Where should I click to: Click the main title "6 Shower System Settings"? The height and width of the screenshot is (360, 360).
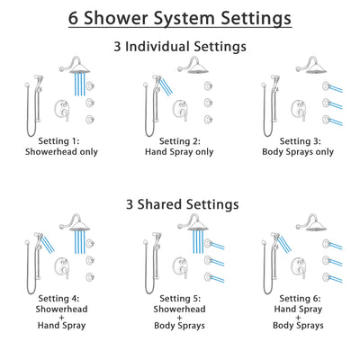click(180, 17)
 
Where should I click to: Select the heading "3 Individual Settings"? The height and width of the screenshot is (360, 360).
click(180, 45)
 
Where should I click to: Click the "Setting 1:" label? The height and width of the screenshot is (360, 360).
click(61, 141)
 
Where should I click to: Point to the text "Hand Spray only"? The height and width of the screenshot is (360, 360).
click(180, 153)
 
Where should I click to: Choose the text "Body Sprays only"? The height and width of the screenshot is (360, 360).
click(298, 153)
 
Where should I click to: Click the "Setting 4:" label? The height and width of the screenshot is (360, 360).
click(61, 297)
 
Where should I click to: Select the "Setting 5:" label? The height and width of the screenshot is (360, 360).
click(180, 297)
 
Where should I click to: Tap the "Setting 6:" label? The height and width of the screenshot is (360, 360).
click(298, 297)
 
